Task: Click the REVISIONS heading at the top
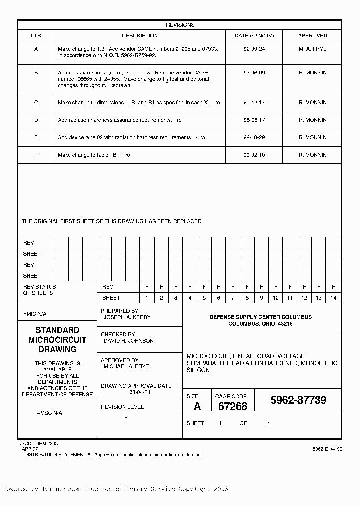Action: (180, 25)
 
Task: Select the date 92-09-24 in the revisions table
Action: (254, 49)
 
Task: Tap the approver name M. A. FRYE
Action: (312, 49)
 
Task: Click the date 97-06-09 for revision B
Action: (254, 73)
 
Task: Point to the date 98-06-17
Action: (254, 120)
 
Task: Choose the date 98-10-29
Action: (254, 137)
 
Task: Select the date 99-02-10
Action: (254, 155)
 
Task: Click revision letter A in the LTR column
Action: (36, 49)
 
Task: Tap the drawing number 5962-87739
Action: (298, 400)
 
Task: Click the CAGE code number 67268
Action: (233, 406)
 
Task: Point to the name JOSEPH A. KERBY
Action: (127, 317)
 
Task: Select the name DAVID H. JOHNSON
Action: (128, 341)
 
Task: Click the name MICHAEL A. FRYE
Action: (126, 366)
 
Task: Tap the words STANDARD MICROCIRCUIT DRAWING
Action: (57, 340)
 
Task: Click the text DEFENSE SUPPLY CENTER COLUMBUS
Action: (260, 317)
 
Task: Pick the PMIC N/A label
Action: (35, 314)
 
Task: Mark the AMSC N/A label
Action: (49, 413)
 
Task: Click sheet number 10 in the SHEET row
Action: (276, 298)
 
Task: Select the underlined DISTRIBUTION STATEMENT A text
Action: (58, 455)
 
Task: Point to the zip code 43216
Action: (285, 324)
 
